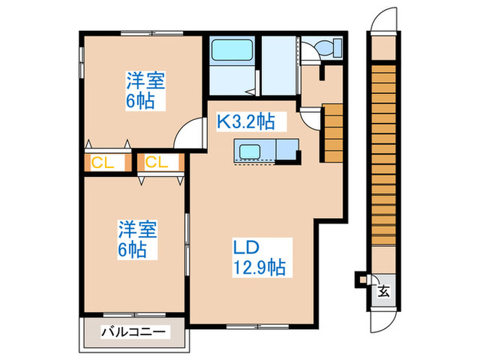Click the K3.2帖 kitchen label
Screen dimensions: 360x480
click(246, 122)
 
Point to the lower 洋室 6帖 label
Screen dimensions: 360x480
click(132, 239)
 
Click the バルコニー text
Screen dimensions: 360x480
click(134, 331)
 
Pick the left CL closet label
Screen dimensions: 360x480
click(103, 163)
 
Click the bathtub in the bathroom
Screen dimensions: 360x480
click(232, 51)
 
